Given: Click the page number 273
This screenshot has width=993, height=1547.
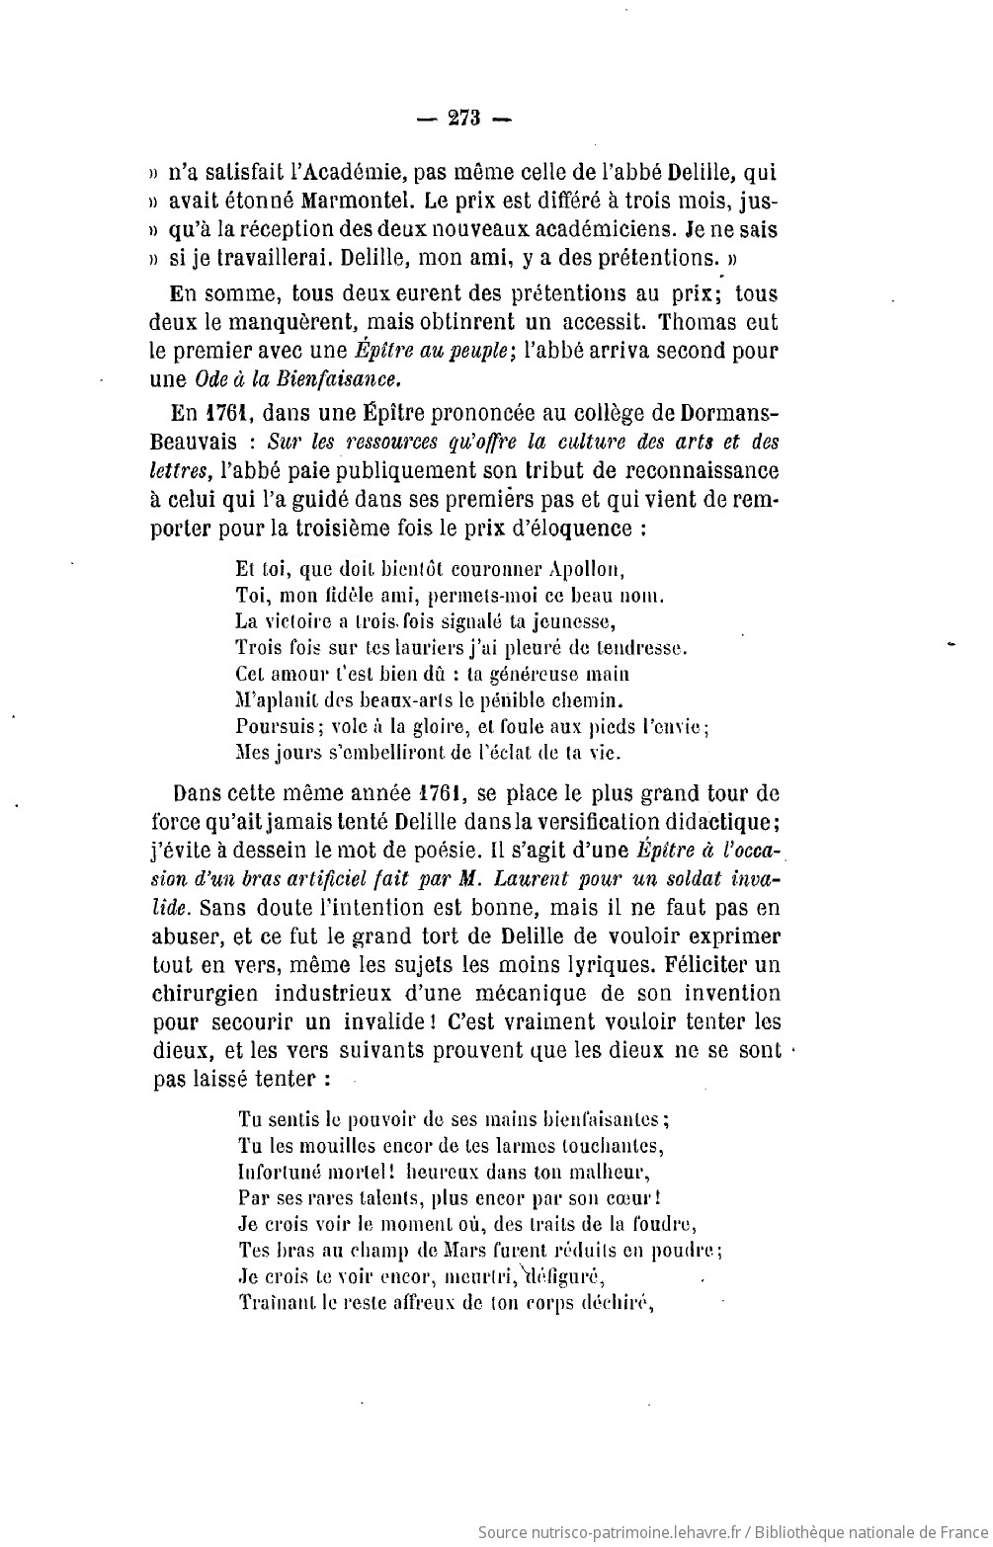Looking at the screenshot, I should [463, 119].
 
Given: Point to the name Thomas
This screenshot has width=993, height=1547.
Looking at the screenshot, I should [695, 322].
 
